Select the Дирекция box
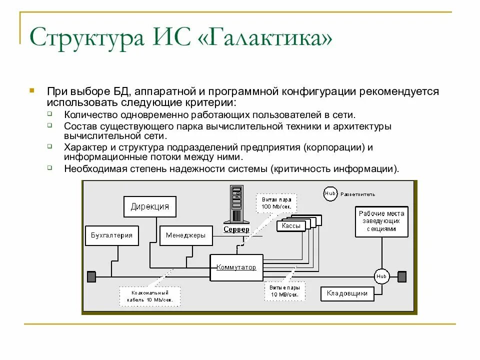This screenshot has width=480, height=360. pos(150,206)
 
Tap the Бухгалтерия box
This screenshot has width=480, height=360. pos(111,235)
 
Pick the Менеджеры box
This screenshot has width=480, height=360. pos(185,235)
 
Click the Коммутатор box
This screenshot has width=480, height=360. pos(236,267)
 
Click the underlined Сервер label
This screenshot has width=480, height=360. pos(236,229)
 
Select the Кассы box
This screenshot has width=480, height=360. pos(291,226)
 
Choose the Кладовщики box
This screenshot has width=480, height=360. pos(347,293)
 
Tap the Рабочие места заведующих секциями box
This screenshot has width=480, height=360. pos(381,221)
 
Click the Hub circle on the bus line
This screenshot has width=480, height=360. pos(382,276)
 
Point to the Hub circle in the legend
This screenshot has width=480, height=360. pos(330,193)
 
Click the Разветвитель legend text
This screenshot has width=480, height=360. pos(357,194)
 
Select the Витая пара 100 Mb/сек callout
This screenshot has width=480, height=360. pos(276,203)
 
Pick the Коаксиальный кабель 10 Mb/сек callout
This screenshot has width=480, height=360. pos(149,296)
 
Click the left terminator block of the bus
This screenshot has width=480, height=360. pos(91,276)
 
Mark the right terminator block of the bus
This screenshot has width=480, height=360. pos(402,276)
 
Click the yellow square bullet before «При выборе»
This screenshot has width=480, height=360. pos(31,91)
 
